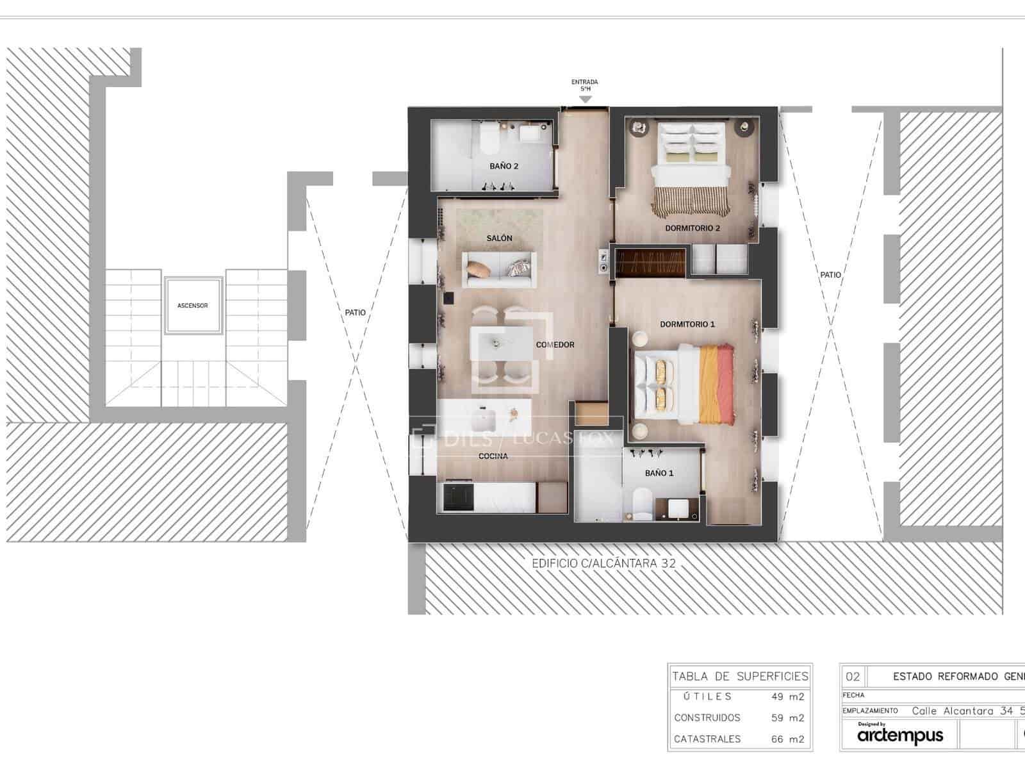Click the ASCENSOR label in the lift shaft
193,306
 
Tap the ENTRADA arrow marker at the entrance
585,99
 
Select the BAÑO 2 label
504,167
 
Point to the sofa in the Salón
498,269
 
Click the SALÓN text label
499,238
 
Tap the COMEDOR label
555,345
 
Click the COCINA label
493,456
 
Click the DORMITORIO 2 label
693,228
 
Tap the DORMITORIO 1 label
687,324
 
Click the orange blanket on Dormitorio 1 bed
716,384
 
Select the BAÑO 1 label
659,473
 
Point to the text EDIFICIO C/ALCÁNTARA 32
603,564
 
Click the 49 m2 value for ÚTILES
787,697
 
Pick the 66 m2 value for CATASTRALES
787,739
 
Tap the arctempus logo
900,736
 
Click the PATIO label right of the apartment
831,275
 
